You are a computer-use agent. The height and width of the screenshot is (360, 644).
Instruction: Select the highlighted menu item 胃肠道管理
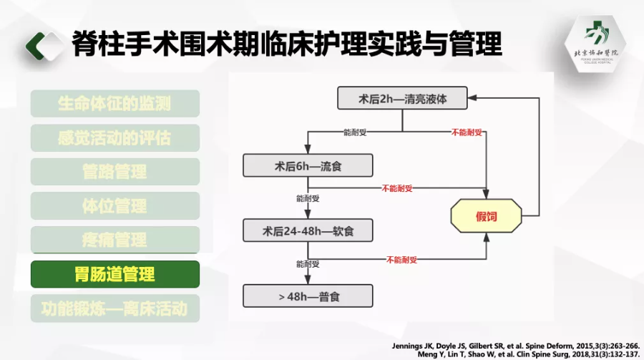coord(115,274)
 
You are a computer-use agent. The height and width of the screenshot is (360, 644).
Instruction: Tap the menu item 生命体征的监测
coord(115,103)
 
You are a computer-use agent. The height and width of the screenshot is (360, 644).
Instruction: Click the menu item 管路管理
coord(115,172)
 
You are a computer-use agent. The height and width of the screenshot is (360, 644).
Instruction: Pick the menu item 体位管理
coord(115,206)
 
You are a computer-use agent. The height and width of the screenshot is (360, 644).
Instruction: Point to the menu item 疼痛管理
coord(115,240)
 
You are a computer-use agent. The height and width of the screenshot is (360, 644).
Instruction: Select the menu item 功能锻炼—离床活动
coord(115,308)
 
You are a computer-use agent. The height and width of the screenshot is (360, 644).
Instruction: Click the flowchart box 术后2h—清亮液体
coord(402,99)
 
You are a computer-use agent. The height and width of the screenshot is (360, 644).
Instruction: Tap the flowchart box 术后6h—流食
coord(308,166)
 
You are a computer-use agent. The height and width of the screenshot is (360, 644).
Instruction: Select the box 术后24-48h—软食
coord(308,230)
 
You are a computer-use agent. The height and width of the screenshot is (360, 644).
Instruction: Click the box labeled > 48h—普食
coord(308,295)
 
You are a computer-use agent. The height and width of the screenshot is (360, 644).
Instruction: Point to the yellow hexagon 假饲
coord(486,216)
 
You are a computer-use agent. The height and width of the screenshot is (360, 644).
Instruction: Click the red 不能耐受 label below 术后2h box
coord(466,132)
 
